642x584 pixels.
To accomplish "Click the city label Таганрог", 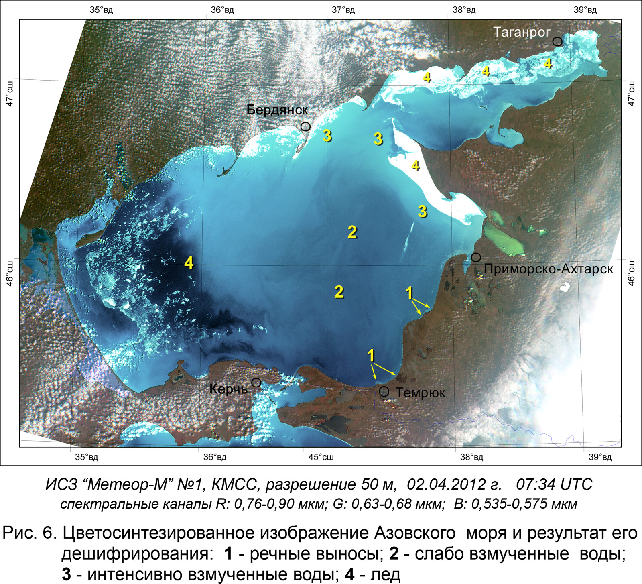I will pos(521,32).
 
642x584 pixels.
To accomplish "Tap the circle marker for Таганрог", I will pos(557,41).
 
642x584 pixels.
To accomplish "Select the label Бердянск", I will pos(277,110).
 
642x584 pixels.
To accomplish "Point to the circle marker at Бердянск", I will pos(305,126).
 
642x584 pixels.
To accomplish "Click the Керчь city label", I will pos(228,389).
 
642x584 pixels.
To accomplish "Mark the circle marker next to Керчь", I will pos(256,383).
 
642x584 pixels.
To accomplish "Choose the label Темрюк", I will pos(420,392).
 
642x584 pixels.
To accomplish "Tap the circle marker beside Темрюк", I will pos(384,391).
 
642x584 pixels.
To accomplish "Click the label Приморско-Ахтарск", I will pos(548,269).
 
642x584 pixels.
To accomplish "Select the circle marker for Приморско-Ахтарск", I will pos(476,257).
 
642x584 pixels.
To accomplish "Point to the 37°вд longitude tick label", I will pos(343,10).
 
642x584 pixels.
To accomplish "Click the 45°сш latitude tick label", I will pos(321,457).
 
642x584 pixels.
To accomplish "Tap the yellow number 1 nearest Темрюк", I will pos(371,355).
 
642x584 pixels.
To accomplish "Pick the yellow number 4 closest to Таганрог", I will pos(548,63).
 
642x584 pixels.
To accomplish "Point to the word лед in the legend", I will pos(386,574).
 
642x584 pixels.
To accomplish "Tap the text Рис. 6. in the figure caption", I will pos(30,533).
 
